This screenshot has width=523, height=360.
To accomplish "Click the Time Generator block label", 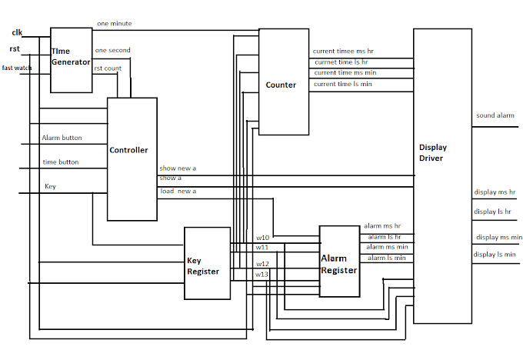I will [x=71, y=56].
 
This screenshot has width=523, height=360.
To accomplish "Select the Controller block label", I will [x=128, y=150].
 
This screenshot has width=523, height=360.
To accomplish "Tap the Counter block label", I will [x=281, y=85].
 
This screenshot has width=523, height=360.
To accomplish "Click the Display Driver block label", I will [x=433, y=152].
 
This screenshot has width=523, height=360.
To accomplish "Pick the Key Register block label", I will [x=203, y=266].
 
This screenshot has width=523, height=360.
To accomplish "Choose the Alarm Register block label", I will [x=339, y=264].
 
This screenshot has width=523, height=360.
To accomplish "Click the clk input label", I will [x=17, y=32].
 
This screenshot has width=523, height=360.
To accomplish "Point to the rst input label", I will [x=15, y=49].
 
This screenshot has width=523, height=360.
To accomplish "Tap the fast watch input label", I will [x=17, y=68].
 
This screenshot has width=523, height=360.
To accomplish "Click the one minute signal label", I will [x=114, y=24].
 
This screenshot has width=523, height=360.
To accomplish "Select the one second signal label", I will [x=112, y=51].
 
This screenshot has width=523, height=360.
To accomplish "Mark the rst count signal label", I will [x=108, y=68].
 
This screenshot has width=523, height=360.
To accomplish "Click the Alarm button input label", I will [x=62, y=138].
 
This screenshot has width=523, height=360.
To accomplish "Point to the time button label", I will [x=60, y=162].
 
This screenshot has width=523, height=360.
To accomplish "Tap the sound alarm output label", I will [x=495, y=115].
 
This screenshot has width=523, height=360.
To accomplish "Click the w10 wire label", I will [x=262, y=237].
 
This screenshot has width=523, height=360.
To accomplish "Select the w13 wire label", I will [x=262, y=274].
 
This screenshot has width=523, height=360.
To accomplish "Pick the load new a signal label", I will [x=178, y=191].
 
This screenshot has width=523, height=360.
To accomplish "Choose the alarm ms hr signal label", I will [x=383, y=226].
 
